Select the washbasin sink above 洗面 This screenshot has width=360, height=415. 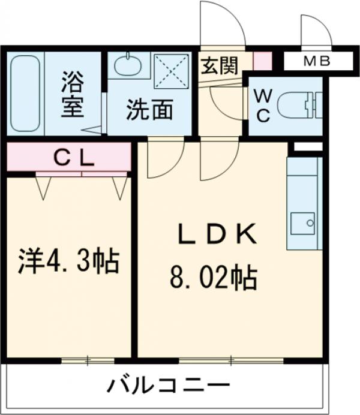point(128,65)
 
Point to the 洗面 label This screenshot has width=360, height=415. point(149,110)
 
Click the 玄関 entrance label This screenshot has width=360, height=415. point(218,65)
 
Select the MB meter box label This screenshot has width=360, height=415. point(317,61)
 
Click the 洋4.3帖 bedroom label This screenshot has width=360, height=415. point(68,262)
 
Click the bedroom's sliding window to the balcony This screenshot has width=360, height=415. point(88,360)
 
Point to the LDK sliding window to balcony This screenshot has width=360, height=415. point(231,360)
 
